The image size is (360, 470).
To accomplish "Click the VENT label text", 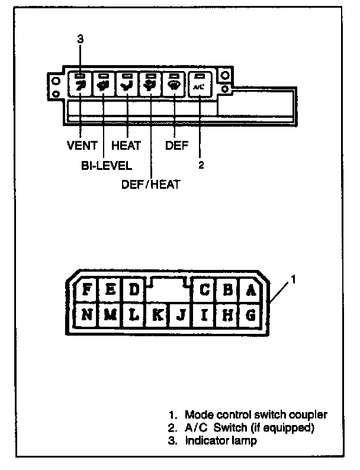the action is click(81, 146).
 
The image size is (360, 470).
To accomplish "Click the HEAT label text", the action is click(126, 146).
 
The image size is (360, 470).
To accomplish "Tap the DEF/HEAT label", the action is click(150, 184).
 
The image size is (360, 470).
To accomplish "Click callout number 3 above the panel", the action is click(81, 40).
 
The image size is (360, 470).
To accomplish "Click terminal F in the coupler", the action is click(87, 290).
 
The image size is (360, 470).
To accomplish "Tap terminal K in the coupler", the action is click(158, 315).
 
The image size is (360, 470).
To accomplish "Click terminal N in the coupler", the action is click(87, 315).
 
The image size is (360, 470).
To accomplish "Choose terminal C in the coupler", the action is click(205, 290).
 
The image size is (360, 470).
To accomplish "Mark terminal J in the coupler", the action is click(182, 315).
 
